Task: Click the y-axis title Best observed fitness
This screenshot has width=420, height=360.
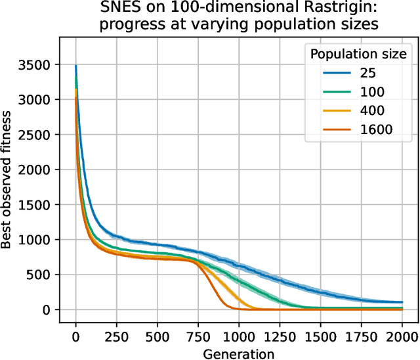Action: point(8,179)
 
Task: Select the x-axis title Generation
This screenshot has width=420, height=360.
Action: point(239,353)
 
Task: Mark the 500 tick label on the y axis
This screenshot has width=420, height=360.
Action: point(40,275)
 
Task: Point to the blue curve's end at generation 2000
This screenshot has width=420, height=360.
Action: point(401,302)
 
